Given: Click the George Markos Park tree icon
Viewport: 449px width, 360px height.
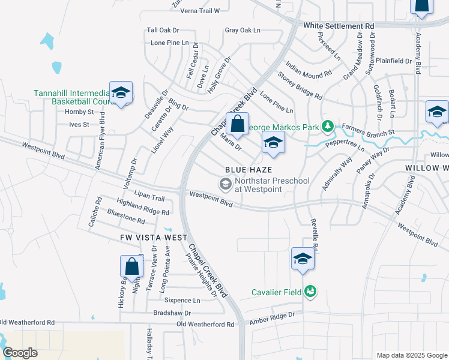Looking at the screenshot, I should coord(327,127).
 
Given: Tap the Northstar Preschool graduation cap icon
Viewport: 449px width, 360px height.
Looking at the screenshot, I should coord(226,184).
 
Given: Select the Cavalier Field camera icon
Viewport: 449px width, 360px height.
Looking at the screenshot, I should coord(310,292).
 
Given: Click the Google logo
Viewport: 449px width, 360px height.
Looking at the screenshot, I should coord(20,353).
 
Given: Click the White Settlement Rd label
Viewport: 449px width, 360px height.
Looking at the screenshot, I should coord(339,26).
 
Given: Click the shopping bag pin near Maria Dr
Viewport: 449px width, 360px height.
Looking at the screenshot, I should coord(237,124).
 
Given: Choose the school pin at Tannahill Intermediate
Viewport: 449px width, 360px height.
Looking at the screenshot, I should coord(121,93).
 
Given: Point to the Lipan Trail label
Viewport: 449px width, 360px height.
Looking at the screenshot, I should coord(149,197).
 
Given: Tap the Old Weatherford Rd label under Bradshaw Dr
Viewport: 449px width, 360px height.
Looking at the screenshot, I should coord(205,324).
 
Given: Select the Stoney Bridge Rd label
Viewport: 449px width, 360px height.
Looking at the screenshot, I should coord(300,86).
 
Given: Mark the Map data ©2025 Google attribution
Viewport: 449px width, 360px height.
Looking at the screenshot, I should coord(411,355).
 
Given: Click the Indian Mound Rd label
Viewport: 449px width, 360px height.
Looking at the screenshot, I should coord(309,69).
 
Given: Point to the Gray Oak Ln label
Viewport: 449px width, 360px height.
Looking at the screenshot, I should coord(243,30).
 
